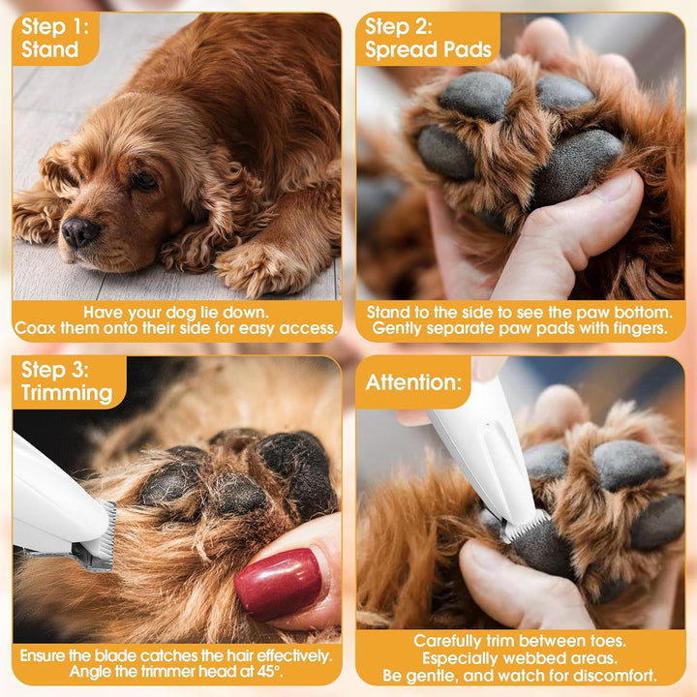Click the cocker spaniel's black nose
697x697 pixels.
(x=79, y=231)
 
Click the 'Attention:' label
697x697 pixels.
(x=413, y=382)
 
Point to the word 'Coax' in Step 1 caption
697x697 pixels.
(x=35, y=328)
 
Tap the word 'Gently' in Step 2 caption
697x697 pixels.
(x=399, y=328)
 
